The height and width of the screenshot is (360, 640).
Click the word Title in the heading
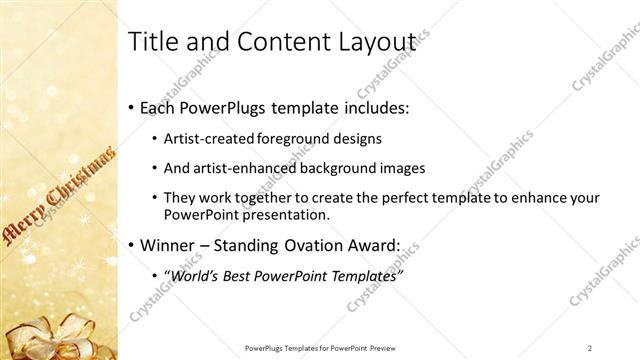click(x=151, y=41)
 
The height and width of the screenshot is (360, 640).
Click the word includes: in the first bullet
click(x=372, y=107)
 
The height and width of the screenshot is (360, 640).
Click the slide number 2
click(x=590, y=347)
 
